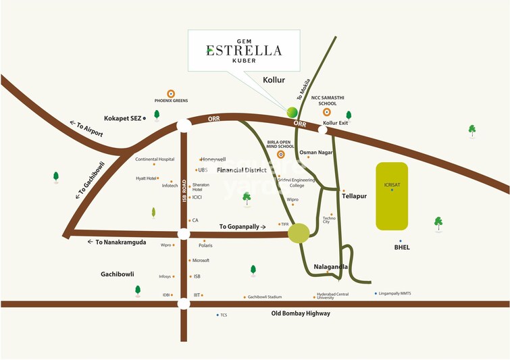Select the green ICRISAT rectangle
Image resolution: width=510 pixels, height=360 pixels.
tap(392, 196)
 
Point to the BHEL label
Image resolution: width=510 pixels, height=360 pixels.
tap(402, 247)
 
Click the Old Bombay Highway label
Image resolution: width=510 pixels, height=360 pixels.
tap(301, 313)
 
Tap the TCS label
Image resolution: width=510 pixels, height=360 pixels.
tap(224, 315)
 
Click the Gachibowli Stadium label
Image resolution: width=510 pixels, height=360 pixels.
tap(264, 297)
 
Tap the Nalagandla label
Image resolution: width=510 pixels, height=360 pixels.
tap(331, 267)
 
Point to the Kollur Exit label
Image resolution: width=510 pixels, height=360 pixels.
tap(335, 123)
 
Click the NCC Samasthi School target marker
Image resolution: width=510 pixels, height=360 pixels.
tap(328, 112)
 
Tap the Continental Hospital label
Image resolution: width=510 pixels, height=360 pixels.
tap(155, 159)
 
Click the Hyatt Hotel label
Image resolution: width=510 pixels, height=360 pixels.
tap(147, 178)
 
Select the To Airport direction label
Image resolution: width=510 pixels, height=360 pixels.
tap(86, 128)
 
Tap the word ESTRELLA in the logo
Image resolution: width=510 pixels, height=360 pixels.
tap(244, 49)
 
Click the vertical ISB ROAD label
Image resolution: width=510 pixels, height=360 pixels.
tap(184, 191)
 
